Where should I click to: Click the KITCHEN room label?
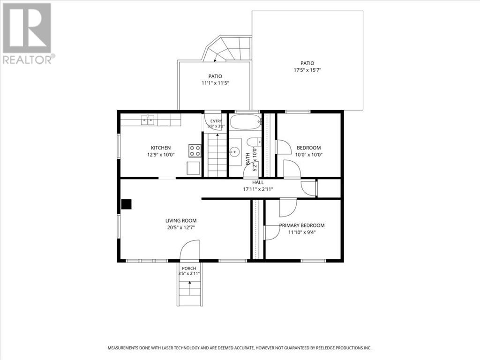161,148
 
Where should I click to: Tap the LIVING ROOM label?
181,221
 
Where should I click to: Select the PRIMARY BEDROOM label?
302,225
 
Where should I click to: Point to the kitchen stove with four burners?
195,150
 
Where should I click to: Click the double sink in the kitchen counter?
148,120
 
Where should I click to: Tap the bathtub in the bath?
245,122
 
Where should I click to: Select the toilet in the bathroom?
254,142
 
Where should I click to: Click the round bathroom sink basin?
235,151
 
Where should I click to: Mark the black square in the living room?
127,204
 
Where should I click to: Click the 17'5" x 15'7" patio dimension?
307,70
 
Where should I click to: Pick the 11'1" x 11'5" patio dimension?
215,83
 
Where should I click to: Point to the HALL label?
258,182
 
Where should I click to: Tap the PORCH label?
189,269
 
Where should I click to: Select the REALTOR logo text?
29,60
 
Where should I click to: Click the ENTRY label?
216,121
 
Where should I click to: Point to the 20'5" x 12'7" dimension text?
181,228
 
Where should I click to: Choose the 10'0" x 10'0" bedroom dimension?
309,155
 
